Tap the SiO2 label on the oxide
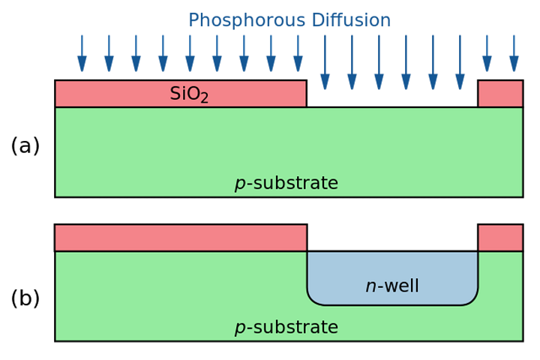pyautogui.click(x=188, y=94)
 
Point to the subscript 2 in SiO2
pyautogui.click(x=204, y=98)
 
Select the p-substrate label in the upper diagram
pyautogui.click(x=286, y=184)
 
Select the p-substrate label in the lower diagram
pyautogui.click(x=286, y=328)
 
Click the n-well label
pyautogui.click(x=392, y=286)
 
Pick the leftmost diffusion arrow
pyautogui.click(x=82, y=53)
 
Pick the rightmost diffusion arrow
pyautogui.click(x=514, y=53)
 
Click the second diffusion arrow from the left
pyautogui.click(x=109, y=53)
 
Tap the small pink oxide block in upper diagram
pyautogui.click(x=500, y=94)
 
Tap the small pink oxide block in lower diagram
pyautogui.click(x=500, y=238)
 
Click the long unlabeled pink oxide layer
pyautogui.click(x=180, y=238)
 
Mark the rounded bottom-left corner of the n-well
pyautogui.click(x=313, y=299)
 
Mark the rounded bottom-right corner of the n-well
pyautogui.click(x=472, y=299)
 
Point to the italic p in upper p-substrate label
pyautogui.click(x=240, y=184)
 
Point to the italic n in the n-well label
pyautogui.click(x=370, y=287)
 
